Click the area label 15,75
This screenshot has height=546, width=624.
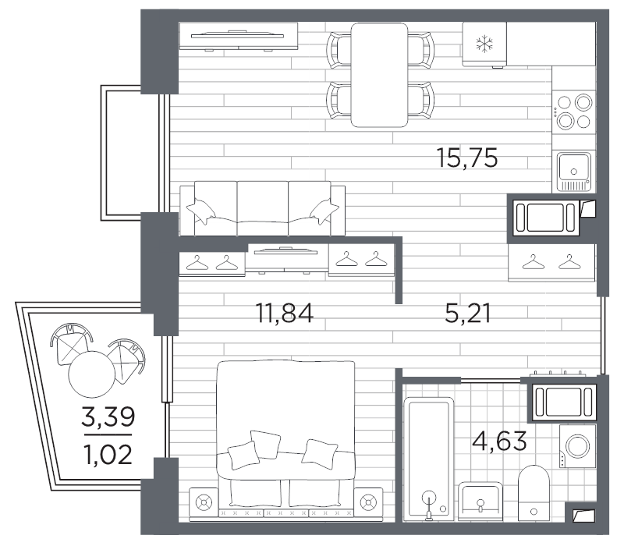(467, 158)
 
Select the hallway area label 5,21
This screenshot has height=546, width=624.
(467, 314)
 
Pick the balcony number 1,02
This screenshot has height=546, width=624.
(107, 453)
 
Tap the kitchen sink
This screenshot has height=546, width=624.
(575, 171)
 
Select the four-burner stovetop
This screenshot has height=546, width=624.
(575, 111)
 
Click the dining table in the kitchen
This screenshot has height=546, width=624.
(379, 74)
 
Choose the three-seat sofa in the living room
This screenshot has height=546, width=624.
(262, 209)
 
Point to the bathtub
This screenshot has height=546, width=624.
(428, 456)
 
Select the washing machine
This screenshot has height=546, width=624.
(578, 446)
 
